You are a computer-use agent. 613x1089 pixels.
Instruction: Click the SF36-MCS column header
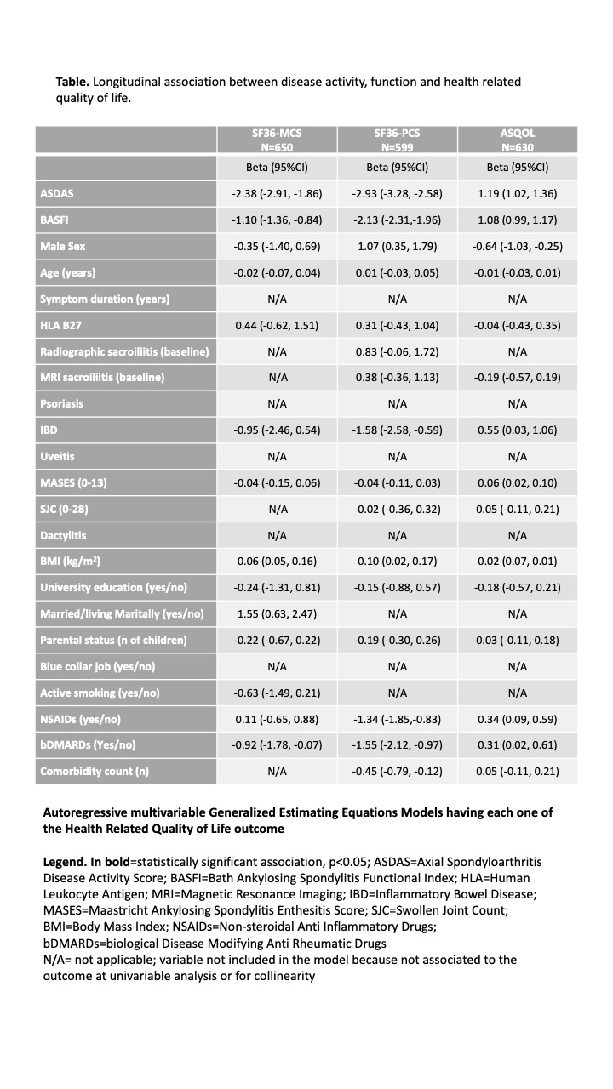point(277,140)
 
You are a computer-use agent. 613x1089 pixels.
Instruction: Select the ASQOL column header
point(518,140)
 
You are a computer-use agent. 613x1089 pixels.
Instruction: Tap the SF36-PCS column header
point(397,140)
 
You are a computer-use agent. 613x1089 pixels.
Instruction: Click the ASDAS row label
point(57,194)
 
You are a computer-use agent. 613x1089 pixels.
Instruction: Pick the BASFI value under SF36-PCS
point(397,220)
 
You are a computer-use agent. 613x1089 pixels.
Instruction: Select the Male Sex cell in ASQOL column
point(518,247)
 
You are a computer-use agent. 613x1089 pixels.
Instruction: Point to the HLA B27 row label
point(62,325)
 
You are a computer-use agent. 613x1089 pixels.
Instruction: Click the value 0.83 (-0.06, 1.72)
point(397,351)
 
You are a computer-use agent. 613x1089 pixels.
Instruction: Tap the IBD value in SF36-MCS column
point(277,430)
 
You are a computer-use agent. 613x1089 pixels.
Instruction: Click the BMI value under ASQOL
point(518,562)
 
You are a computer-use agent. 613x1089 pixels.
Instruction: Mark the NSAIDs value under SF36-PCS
point(397,719)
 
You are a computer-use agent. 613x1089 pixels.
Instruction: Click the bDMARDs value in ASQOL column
point(518,745)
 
